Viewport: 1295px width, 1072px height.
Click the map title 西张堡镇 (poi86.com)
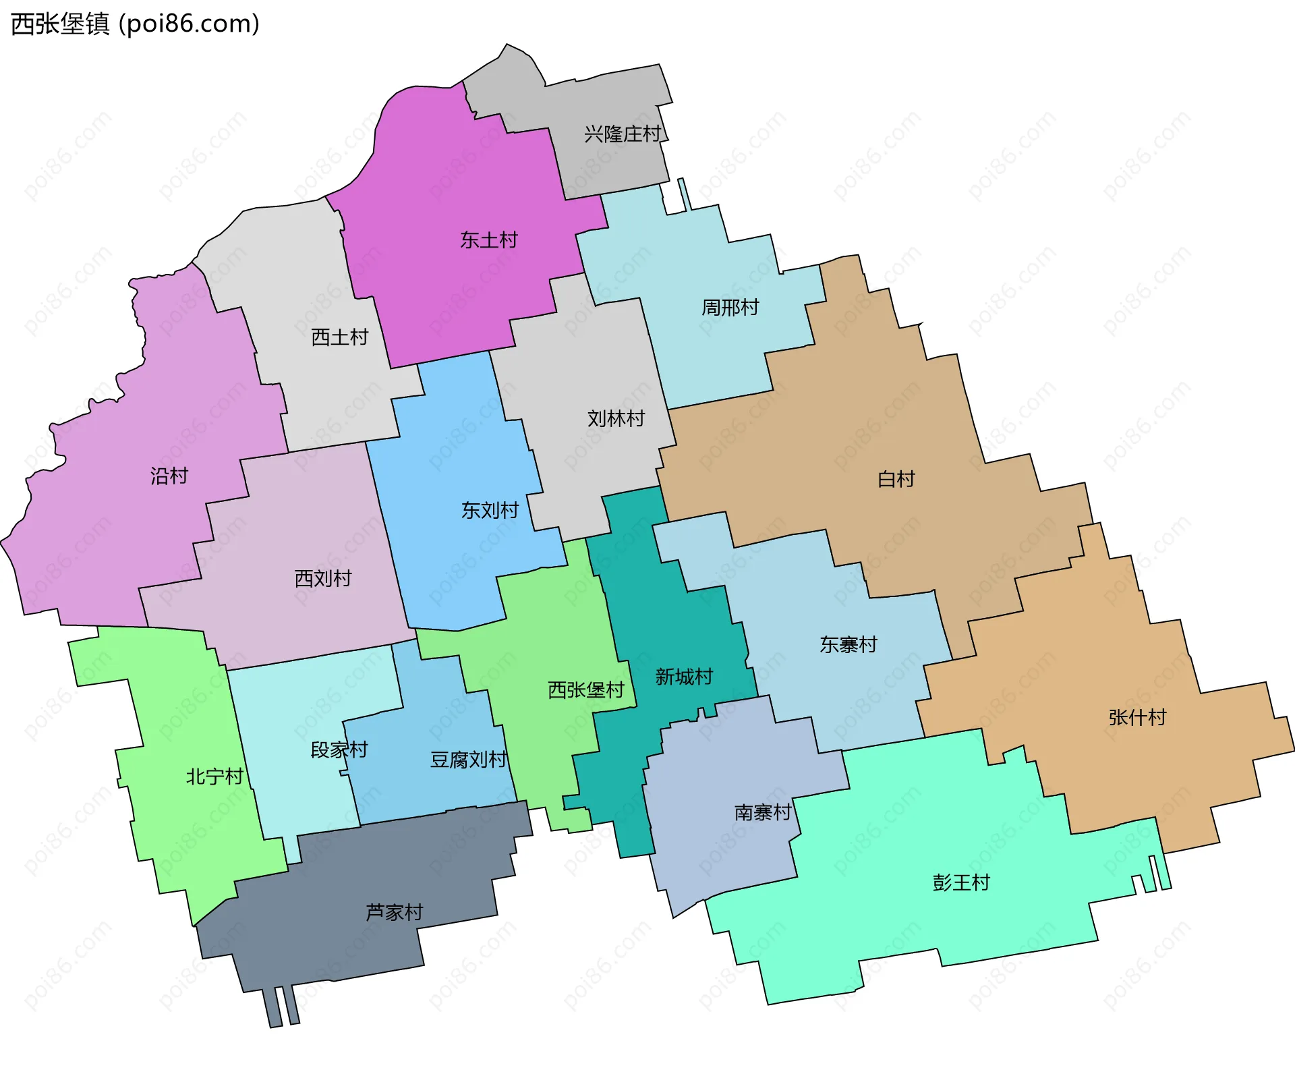[x=135, y=24]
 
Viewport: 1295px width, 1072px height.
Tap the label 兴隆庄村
[x=623, y=134]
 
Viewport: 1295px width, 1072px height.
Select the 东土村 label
[x=489, y=240]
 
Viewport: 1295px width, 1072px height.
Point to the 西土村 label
[x=340, y=337]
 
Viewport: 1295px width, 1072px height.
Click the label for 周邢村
[x=730, y=308]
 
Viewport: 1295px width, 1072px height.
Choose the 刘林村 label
[x=616, y=419]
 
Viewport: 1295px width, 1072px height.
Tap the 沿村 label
[x=169, y=476]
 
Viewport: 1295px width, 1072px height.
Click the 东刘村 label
[x=490, y=510]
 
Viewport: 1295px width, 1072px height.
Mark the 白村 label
[x=896, y=479]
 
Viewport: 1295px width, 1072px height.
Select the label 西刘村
[x=323, y=578]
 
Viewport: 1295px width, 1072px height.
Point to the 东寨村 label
[x=848, y=645]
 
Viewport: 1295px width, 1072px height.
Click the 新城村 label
[x=684, y=677]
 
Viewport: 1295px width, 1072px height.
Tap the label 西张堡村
[x=586, y=689]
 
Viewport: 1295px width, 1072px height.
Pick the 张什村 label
[x=1137, y=717]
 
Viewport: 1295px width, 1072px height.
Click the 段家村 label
[x=339, y=750]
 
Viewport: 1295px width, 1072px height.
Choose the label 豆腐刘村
[x=468, y=760]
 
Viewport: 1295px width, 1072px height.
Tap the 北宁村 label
[x=214, y=777]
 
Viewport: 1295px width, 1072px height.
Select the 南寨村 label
[x=763, y=812]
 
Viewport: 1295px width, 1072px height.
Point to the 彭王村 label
[x=961, y=882]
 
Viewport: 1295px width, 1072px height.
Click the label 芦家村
[x=394, y=912]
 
